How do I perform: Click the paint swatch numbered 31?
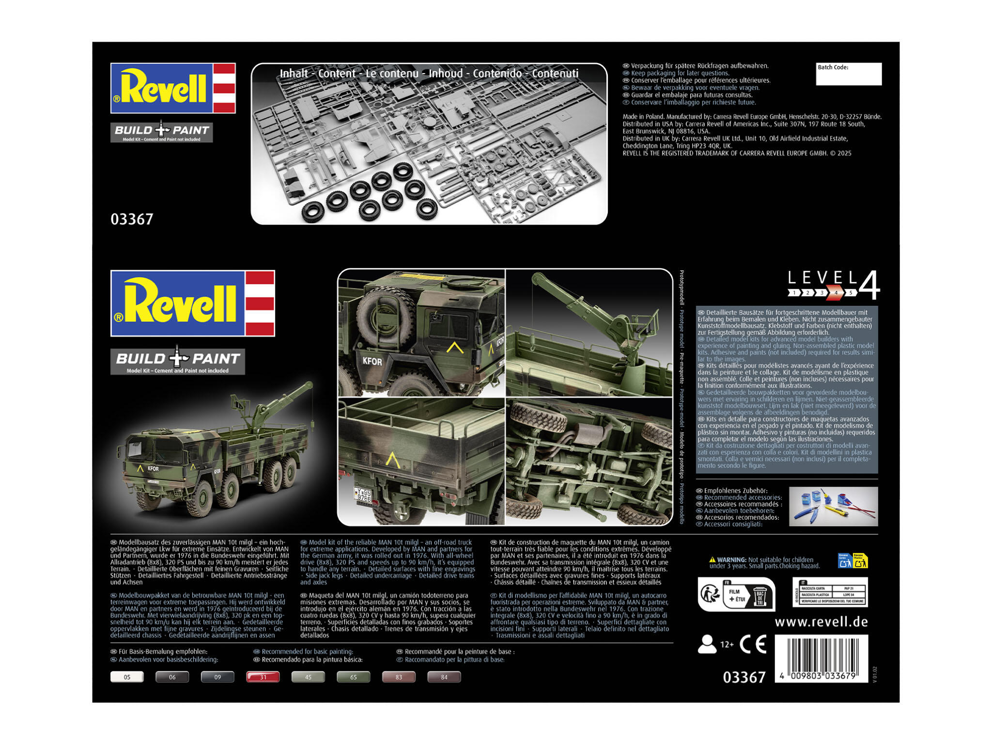click(x=263, y=677)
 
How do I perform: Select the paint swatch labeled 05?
click(x=127, y=677)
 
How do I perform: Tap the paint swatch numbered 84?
click(x=444, y=677)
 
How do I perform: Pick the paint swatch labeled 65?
click(x=354, y=677)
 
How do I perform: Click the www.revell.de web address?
click(x=821, y=621)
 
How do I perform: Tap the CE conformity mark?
click(x=753, y=644)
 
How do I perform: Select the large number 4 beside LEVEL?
click(x=869, y=286)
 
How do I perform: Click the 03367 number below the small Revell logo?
click(x=132, y=219)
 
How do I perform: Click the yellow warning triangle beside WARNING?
click(x=712, y=560)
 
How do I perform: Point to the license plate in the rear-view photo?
click(x=363, y=494)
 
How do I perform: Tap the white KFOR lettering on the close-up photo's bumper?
click(x=372, y=361)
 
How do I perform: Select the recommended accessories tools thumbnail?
click(x=833, y=506)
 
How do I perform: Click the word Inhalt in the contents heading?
click(x=294, y=74)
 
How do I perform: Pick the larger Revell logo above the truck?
click(x=193, y=303)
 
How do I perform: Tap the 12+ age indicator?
click(x=727, y=644)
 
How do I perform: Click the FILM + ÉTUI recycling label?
click(x=737, y=595)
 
